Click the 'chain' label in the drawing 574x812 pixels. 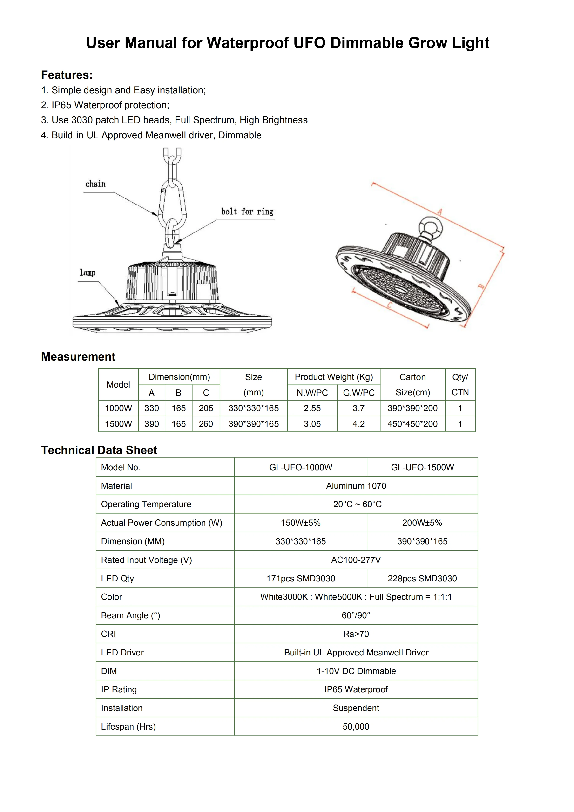(95, 184)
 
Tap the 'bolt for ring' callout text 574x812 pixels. (247, 212)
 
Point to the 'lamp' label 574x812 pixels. (87, 273)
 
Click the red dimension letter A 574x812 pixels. (440, 212)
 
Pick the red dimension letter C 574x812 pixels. (390, 305)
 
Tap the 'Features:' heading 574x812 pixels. (67, 75)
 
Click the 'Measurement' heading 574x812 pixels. (78, 356)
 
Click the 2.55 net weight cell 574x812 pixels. (312, 408)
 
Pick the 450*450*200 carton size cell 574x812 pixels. (412, 424)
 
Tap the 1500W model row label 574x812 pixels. (118, 424)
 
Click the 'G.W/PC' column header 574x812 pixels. (359, 393)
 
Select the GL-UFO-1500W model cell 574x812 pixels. (422, 467)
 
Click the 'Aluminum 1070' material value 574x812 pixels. (356, 486)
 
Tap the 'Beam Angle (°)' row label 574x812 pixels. (130, 615)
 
